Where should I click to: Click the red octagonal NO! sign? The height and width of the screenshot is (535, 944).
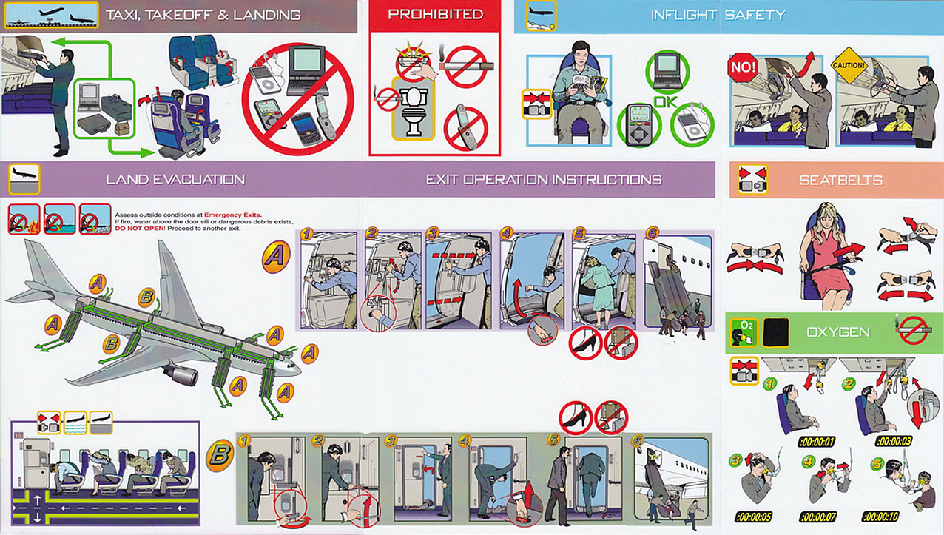point(742,67)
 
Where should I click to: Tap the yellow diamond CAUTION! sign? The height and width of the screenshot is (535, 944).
point(849,65)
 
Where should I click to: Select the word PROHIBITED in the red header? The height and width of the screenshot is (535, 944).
point(435,14)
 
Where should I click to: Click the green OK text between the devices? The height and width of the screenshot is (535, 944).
point(665,101)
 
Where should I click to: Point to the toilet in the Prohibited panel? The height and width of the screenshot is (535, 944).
point(414,110)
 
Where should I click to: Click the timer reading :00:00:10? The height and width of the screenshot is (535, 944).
point(881,517)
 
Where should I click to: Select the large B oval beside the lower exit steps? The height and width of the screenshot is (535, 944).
point(220,455)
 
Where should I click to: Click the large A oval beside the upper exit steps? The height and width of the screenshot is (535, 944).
point(276,256)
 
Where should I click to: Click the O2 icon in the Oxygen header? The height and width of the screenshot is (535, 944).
point(744,332)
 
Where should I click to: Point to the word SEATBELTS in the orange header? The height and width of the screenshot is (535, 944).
point(840,181)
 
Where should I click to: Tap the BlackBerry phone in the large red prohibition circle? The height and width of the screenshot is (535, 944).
point(307,129)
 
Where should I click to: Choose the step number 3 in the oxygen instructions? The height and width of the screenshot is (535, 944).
point(735,460)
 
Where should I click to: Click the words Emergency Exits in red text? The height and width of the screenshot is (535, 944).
point(233,215)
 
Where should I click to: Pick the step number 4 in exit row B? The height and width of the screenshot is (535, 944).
point(464,441)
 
